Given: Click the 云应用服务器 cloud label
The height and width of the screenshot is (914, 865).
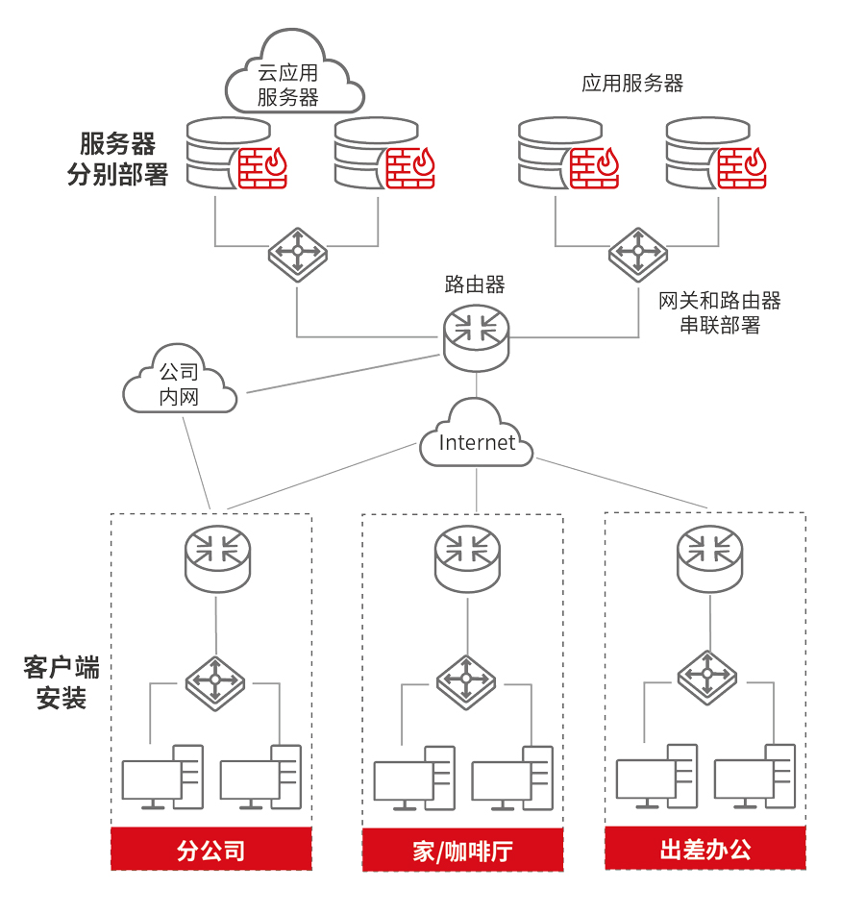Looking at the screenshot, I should coord(288,84).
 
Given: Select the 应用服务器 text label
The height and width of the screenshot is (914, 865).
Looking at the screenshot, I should coord(632,84).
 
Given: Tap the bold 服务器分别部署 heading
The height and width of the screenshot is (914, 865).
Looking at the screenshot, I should coord(117,160).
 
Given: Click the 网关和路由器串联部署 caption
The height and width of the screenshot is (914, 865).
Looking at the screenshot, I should coord(720,312).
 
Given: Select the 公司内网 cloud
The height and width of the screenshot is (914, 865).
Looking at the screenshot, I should coord(180,383).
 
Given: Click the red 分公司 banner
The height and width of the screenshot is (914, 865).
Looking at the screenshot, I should coord(211,850).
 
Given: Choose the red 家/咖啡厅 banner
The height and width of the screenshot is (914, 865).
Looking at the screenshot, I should coord(462,851).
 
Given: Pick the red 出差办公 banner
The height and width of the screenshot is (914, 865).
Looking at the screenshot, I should coord(705,849).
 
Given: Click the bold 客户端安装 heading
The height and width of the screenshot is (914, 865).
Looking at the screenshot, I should coord(62,682).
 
